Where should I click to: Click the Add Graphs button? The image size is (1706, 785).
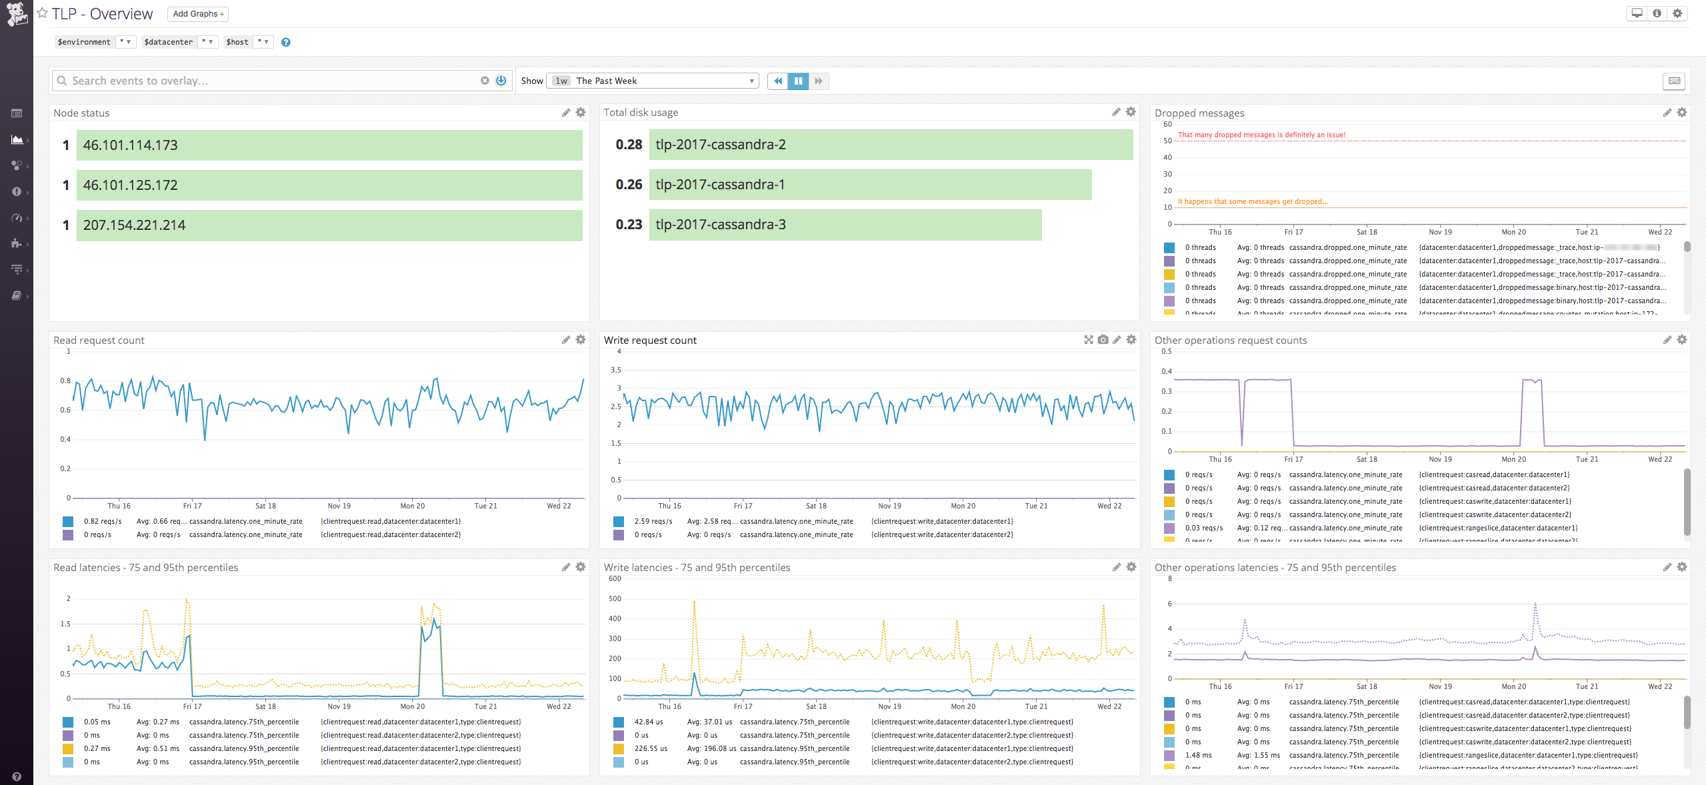click(197, 14)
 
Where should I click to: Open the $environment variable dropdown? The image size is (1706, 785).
click(125, 42)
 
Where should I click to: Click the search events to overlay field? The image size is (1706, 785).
click(267, 81)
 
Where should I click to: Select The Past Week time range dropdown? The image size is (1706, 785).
click(653, 81)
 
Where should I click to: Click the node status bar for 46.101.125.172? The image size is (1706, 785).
click(329, 185)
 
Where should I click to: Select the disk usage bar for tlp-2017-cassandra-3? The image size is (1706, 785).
click(845, 225)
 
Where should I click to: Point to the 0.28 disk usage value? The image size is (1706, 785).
click(629, 145)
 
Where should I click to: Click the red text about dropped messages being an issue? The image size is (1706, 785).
click(1261, 135)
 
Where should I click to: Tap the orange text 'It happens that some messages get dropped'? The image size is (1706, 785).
click(1253, 201)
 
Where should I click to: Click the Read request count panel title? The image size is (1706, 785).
click(99, 341)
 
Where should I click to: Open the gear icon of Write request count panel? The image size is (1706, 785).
click(1131, 340)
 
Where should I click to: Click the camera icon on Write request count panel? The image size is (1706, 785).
click(1103, 340)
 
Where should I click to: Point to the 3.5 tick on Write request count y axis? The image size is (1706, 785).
click(615, 370)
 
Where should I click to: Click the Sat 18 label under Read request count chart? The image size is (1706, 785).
click(265, 506)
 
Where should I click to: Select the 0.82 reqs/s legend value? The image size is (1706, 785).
click(103, 521)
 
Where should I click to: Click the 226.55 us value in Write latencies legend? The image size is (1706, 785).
click(651, 748)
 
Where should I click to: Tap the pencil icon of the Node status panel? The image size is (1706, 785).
click(566, 113)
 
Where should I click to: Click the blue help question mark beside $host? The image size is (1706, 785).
click(286, 42)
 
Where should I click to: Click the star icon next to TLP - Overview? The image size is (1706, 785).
click(43, 13)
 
